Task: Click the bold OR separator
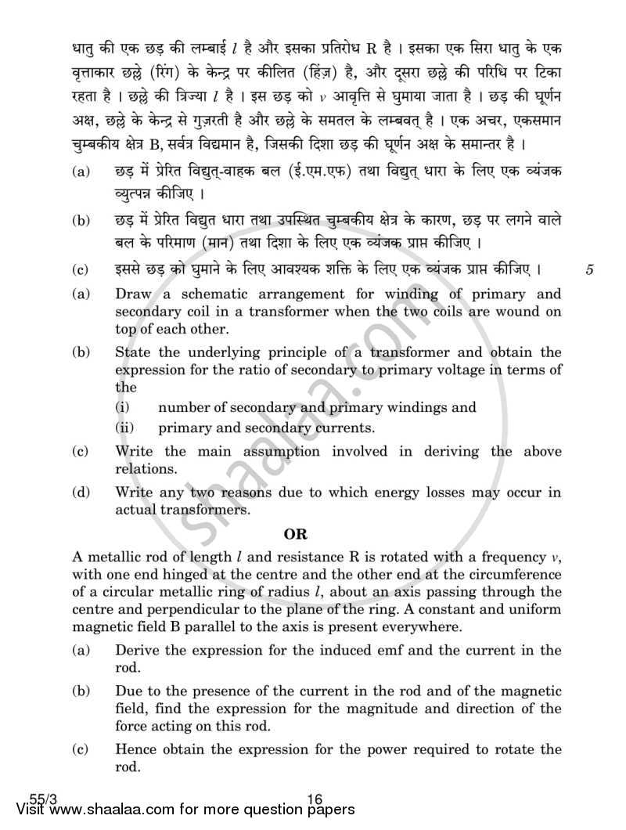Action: (297, 536)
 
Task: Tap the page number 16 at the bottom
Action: (315, 799)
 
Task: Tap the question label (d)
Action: (81, 493)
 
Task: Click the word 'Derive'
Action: (136, 651)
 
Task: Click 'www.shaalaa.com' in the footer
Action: (110, 814)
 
